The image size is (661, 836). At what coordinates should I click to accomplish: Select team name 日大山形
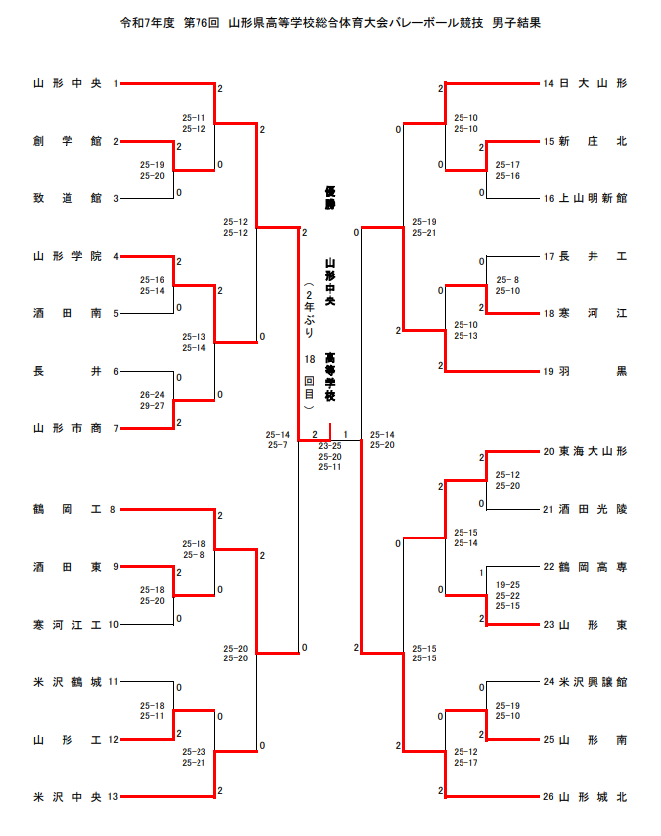(x=593, y=84)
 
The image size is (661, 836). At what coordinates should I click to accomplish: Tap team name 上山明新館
(x=593, y=199)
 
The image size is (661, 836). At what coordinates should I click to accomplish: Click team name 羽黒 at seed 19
(x=593, y=371)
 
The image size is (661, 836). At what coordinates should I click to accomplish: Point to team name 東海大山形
(x=593, y=452)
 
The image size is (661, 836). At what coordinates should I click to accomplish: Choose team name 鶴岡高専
(x=593, y=567)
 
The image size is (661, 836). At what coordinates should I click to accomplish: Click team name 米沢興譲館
(x=593, y=682)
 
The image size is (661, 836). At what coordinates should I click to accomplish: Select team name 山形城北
(x=593, y=796)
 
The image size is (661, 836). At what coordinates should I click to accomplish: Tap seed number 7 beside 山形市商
(x=115, y=428)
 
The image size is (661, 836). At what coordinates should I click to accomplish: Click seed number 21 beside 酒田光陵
(x=548, y=510)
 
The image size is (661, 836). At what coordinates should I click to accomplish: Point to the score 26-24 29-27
(x=152, y=400)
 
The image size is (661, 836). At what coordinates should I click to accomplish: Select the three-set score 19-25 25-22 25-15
(x=508, y=595)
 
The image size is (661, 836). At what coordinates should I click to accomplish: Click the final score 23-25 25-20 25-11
(x=330, y=456)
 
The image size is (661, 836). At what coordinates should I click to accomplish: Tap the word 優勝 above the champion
(x=330, y=197)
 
